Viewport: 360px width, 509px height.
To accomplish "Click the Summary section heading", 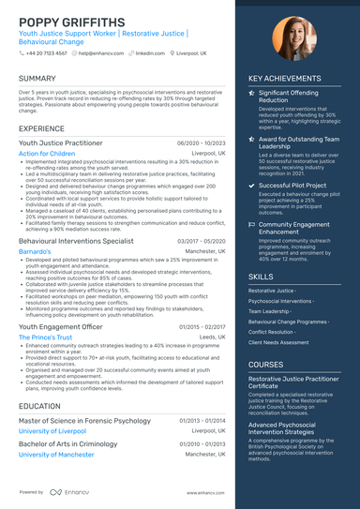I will click(x=37, y=79).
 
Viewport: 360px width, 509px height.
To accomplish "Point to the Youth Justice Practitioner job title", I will click(x=61, y=142).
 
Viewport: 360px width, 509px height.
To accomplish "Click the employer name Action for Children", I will click(x=47, y=153).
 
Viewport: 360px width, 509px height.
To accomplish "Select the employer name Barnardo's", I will click(x=35, y=252).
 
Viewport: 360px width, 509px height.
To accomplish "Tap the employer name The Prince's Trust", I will click(x=45, y=337).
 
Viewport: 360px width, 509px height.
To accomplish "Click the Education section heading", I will click(x=40, y=406).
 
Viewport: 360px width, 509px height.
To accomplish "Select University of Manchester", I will click(x=56, y=455).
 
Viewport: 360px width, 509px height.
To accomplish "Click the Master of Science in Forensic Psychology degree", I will click(x=85, y=421).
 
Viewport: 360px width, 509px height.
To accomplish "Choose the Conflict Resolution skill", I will click(x=273, y=331).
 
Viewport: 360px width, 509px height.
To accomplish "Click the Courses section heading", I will click(x=265, y=365).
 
